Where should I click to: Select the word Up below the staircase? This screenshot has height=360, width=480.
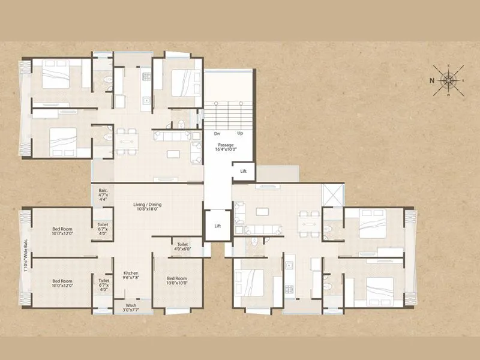(241, 134)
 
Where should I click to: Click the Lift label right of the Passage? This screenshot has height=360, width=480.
(243, 172)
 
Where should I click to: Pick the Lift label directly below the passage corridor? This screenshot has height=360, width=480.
(218, 226)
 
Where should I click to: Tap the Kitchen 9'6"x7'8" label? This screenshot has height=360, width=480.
(131, 275)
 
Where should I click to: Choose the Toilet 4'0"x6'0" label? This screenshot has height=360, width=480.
(183, 247)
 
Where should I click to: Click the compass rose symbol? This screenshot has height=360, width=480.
(448, 80)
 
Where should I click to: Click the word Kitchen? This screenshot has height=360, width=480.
(131, 272)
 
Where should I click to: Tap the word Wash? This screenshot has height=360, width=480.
(131, 305)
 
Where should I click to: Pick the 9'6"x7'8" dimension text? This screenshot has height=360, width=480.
(131, 277)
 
